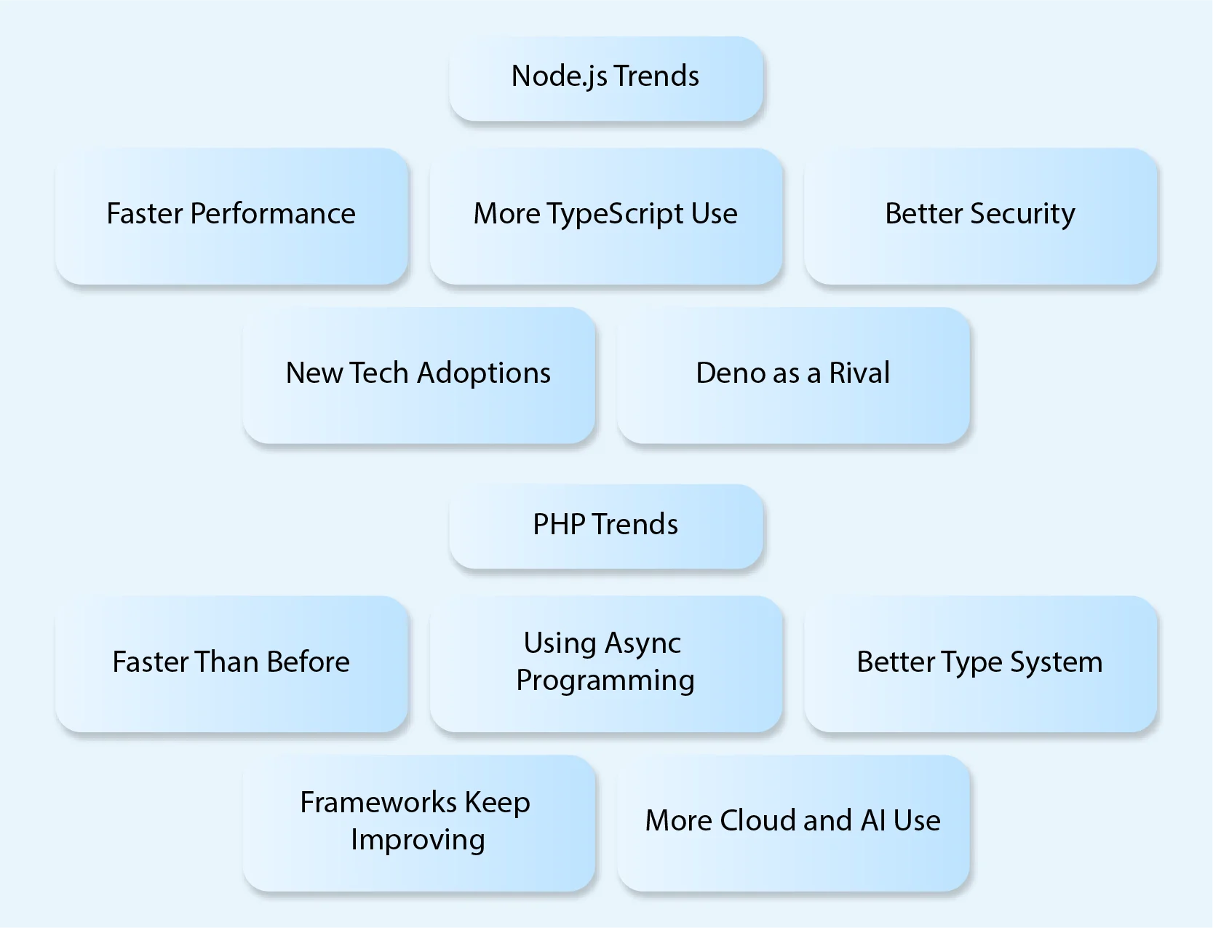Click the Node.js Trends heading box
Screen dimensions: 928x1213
click(605, 79)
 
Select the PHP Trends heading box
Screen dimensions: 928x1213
click(605, 526)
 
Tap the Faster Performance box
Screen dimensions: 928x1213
click(231, 215)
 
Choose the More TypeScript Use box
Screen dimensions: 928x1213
click(605, 215)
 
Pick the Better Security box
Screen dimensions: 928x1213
click(980, 215)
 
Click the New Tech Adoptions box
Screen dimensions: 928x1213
click(418, 374)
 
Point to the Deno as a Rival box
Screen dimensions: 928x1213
click(793, 374)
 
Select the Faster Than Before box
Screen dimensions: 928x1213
click(231, 663)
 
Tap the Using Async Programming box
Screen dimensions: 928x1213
click(605, 663)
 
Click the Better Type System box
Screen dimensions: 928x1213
click(980, 663)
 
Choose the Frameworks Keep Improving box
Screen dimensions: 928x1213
click(418, 822)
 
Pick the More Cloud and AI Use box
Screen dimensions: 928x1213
click(793, 822)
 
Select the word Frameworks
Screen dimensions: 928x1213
click(378, 803)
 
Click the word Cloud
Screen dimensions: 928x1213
click(757, 821)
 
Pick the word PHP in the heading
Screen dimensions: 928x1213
click(558, 525)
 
